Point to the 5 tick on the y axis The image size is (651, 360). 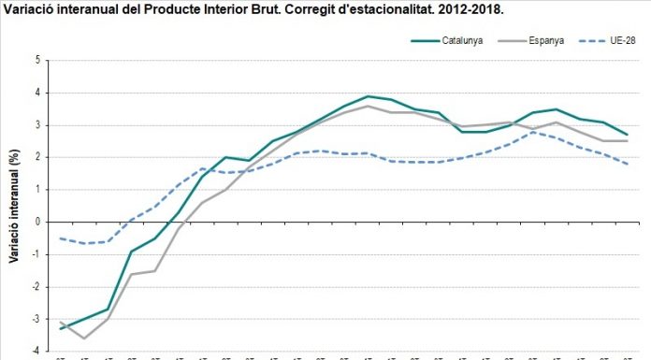[x=38, y=60]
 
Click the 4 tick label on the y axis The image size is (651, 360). [x=38, y=93]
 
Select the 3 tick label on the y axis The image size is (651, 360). [x=38, y=125]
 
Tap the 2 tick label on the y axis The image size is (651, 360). [x=38, y=157]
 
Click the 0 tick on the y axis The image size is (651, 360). [x=38, y=222]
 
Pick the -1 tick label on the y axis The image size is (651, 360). [x=36, y=254]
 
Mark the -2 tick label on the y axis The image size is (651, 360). [x=36, y=287]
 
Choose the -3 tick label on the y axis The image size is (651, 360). [x=36, y=319]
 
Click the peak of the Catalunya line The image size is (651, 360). [x=368, y=96]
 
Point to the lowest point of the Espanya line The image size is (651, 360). [x=84, y=338]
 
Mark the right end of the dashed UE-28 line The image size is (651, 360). [x=627, y=165]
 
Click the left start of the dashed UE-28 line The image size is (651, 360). [x=60, y=238]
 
